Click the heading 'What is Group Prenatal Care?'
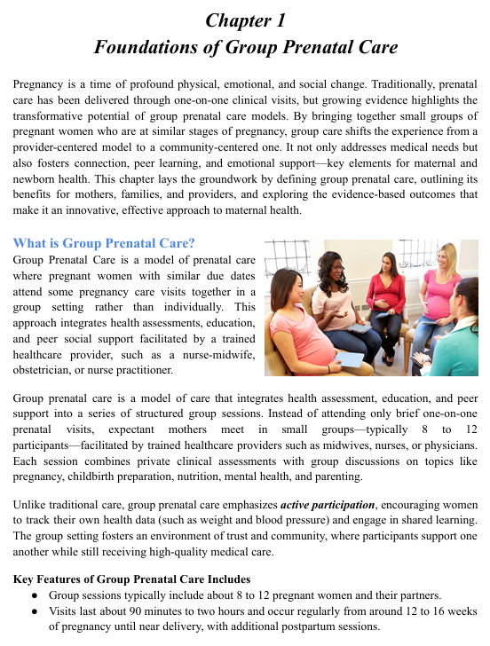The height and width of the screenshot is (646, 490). (104, 243)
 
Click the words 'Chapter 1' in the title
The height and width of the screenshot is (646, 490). (244, 20)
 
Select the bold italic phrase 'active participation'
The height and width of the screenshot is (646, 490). (322, 505)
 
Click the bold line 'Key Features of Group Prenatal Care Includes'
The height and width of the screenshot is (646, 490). (130, 579)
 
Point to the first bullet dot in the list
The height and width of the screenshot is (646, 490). (33, 595)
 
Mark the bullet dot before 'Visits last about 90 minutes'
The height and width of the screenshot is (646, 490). (33, 611)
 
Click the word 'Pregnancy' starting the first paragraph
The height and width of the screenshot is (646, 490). (41, 83)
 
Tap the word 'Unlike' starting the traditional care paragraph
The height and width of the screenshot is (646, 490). (31, 505)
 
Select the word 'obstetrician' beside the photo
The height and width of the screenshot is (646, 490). (44, 370)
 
